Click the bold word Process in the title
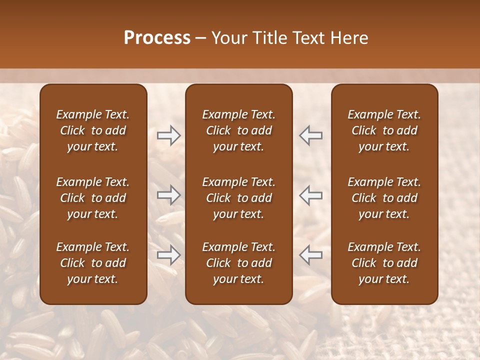157,38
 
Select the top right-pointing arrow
168,135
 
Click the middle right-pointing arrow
168,195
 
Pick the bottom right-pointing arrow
168,255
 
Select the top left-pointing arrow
310,135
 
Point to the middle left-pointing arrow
310,195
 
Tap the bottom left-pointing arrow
310,255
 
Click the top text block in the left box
93,130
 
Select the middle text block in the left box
93,198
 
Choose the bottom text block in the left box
93,263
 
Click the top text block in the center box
238,130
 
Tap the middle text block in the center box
238,198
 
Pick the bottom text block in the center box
238,263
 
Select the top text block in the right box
384,130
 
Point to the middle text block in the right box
384,198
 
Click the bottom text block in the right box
384,263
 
